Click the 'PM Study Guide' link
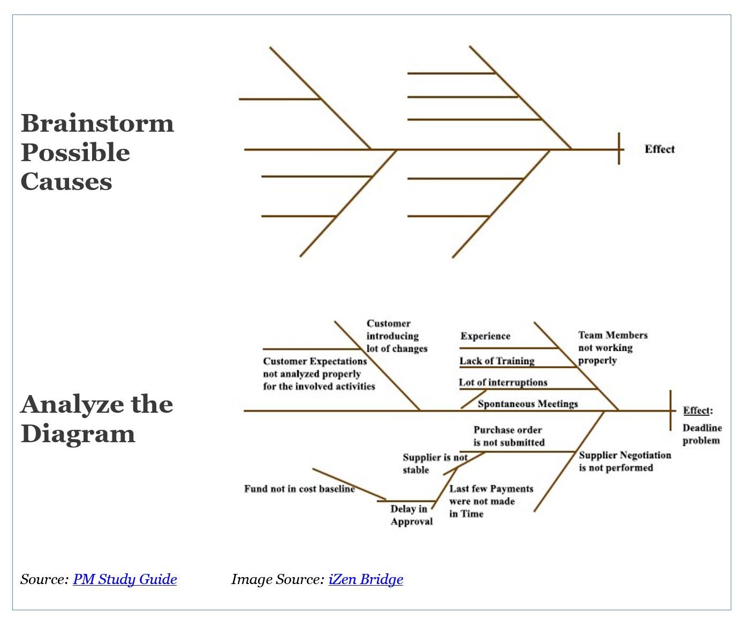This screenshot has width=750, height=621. (125, 579)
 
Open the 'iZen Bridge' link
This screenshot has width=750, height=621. (366, 579)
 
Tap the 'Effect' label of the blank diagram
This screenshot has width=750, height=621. (660, 149)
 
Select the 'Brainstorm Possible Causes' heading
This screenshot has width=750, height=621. (97, 152)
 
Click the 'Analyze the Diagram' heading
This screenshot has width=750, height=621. (96, 419)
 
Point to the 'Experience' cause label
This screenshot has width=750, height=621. (485, 336)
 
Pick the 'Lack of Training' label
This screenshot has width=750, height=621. (497, 361)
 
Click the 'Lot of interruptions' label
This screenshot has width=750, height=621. (503, 382)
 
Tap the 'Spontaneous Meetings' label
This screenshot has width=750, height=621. (527, 404)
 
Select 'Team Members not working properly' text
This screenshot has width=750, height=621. (612, 347)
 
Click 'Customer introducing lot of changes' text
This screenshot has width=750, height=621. (397, 336)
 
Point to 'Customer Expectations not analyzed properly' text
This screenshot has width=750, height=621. (319, 374)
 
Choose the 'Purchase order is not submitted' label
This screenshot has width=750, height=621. (508, 436)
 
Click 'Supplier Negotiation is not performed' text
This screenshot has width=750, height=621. (624, 461)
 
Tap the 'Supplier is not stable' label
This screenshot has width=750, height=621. (434, 464)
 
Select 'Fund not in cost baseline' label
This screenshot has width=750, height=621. (299, 489)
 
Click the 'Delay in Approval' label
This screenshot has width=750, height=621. (411, 515)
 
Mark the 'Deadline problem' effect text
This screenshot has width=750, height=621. (702, 434)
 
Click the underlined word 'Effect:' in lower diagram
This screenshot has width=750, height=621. (696, 411)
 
